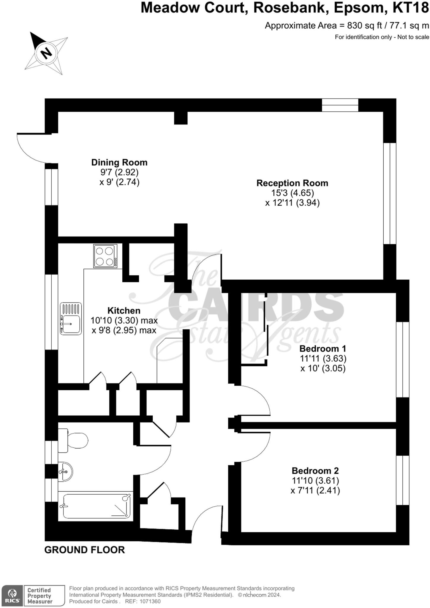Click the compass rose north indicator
pyautogui.click(x=46, y=53)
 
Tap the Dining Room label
pyautogui.click(x=119, y=162)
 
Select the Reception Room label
pyautogui.click(x=292, y=183)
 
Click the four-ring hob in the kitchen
pyautogui.click(x=105, y=256)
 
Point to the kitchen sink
pyautogui.click(x=71, y=319)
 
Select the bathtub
pyautogui.click(x=96, y=506)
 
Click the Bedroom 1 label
pyautogui.click(x=323, y=349)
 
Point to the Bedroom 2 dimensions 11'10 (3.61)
pyautogui.click(x=315, y=480)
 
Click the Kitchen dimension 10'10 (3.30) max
pyautogui.click(x=124, y=321)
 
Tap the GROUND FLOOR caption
pyautogui.click(x=85, y=550)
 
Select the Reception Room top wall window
pyautogui.click(x=340, y=105)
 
